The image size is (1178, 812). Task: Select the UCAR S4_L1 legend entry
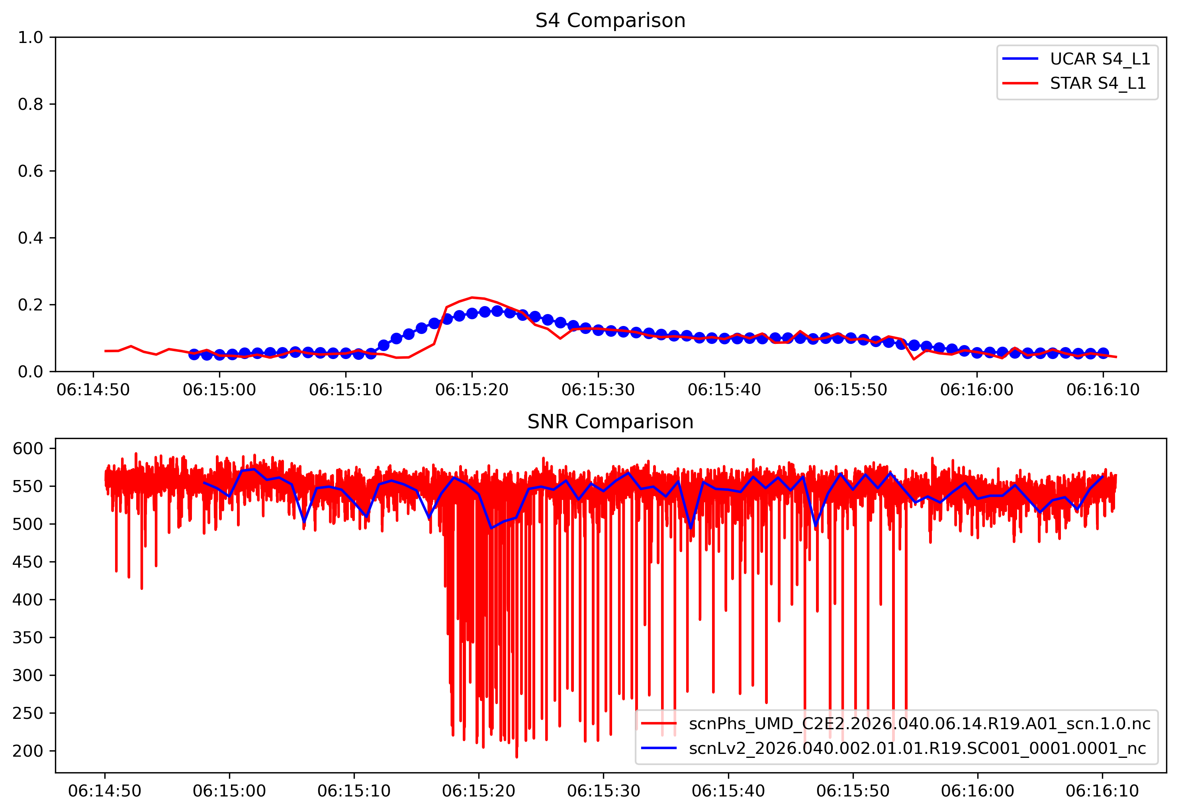(1100, 59)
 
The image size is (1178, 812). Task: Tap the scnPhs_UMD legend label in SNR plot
(919, 724)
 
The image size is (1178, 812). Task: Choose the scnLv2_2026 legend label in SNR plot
(917, 748)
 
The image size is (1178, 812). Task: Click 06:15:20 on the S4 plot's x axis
(472, 390)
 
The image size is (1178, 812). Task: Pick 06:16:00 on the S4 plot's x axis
(976, 390)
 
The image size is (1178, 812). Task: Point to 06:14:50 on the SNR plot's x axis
(105, 791)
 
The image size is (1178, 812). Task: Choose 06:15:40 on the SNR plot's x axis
(728, 791)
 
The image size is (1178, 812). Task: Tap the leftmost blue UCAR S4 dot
(194, 355)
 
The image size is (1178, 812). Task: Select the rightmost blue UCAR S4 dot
(1103, 353)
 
